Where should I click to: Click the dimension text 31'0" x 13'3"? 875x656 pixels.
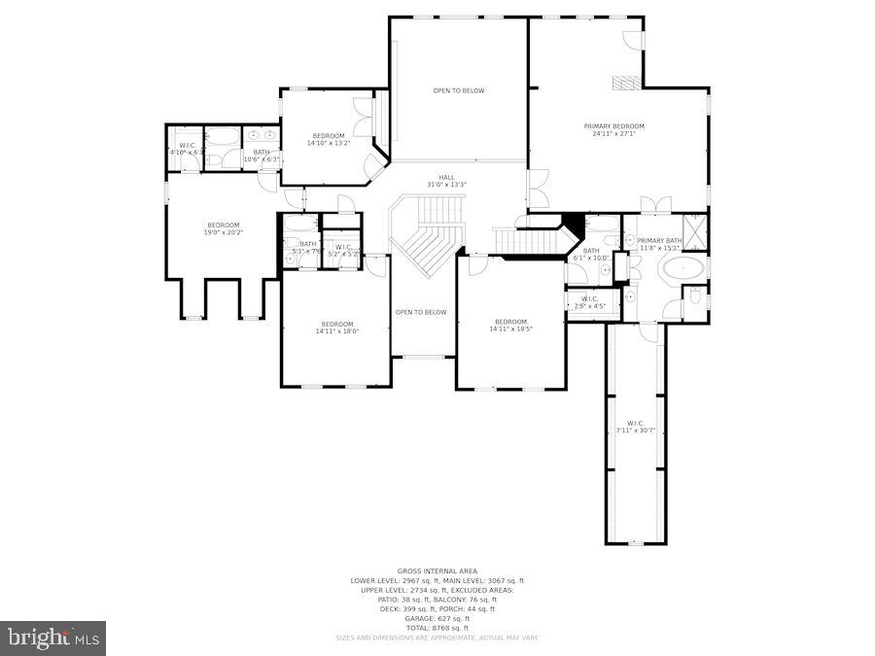[446, 185]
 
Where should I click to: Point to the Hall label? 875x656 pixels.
[446, 177]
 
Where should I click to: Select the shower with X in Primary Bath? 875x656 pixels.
[695, 231]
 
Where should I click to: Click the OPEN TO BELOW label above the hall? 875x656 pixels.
[458, 90]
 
